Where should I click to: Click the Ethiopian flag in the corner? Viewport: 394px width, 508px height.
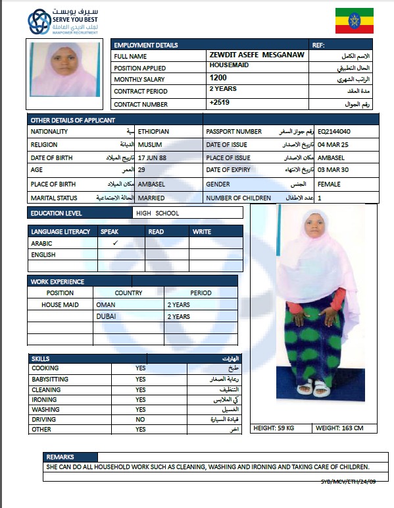tap(355, 21)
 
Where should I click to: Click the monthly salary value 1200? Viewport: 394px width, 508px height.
tap(218, 78)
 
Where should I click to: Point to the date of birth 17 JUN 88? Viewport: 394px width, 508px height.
tap(153, 158)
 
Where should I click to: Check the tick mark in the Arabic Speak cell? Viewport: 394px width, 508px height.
tap(114, 243)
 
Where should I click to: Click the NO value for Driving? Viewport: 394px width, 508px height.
tap(140, 419)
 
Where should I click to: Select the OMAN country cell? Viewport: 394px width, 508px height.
tap(105, 305)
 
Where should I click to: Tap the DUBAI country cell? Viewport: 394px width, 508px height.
tap(106, 317)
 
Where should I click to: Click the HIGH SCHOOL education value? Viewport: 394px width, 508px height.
tap(157, 213)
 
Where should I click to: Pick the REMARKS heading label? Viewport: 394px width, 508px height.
tap(60, 457)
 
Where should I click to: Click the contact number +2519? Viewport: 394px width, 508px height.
tap(219, 103)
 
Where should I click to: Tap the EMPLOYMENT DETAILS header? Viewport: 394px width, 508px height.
tap(145, 45)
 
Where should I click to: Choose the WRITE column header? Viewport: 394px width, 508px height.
tap(202, 231)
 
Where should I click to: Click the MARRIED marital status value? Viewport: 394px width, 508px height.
tap(151, 198)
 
